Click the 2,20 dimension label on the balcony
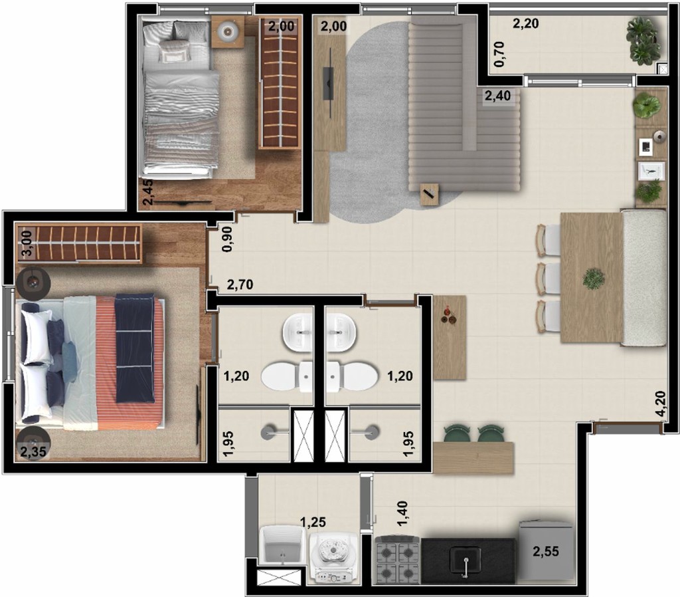(x=525, y=25)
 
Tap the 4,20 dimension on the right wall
(x=659, y=403)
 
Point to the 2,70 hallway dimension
(x=240, y=286)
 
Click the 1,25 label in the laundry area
(x=313, y=523)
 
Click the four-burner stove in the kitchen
(x=398, y=560)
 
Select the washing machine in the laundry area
(x=334, y=555)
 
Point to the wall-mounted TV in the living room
(x=328, y=82)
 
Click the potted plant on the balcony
(x=643, y=40)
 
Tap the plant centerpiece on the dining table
(x=593, y=279)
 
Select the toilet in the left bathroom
(x=286, y=376)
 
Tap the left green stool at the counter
(x=456, y=433)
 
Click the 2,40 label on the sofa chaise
(x=497, y=96)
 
